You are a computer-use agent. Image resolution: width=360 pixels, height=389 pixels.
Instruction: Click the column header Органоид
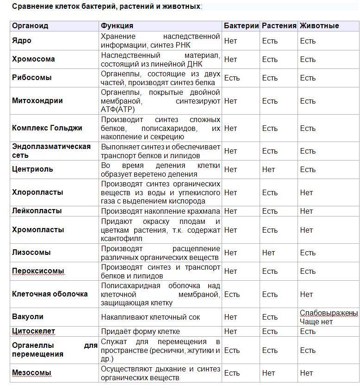coord(30,26)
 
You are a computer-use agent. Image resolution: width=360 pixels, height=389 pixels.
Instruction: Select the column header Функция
coord(117,26)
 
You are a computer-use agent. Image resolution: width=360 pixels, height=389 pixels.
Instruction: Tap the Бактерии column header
coord(241,26)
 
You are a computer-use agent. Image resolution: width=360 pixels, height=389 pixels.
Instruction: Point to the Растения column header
coord(279,26)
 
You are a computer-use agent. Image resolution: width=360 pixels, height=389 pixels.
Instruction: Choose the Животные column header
coord(319,26)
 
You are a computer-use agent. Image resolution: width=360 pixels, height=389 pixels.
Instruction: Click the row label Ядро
coord(22,41)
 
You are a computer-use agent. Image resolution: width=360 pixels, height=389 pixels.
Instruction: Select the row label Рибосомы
coord(31,78)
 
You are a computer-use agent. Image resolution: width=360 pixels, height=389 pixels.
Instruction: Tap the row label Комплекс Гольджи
coord(47,128)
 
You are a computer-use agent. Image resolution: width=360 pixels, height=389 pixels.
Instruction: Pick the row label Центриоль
coord(32,169)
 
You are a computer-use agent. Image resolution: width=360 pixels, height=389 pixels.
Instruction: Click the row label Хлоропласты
coord(37,192)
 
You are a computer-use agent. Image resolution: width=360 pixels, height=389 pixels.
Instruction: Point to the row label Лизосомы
coord(31,253)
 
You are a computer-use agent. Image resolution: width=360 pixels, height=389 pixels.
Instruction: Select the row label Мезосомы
coord(31,373)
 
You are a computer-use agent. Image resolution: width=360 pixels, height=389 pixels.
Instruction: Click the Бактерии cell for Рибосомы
coord(232,78)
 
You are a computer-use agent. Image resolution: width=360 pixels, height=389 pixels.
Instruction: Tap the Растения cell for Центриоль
coord(268,169)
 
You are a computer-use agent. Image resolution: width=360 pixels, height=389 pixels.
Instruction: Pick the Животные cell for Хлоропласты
coord(306,192)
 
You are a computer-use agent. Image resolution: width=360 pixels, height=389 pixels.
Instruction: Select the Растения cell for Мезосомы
coord(268,373)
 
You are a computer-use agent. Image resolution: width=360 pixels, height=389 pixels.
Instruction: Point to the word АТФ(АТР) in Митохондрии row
coord(118,109)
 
